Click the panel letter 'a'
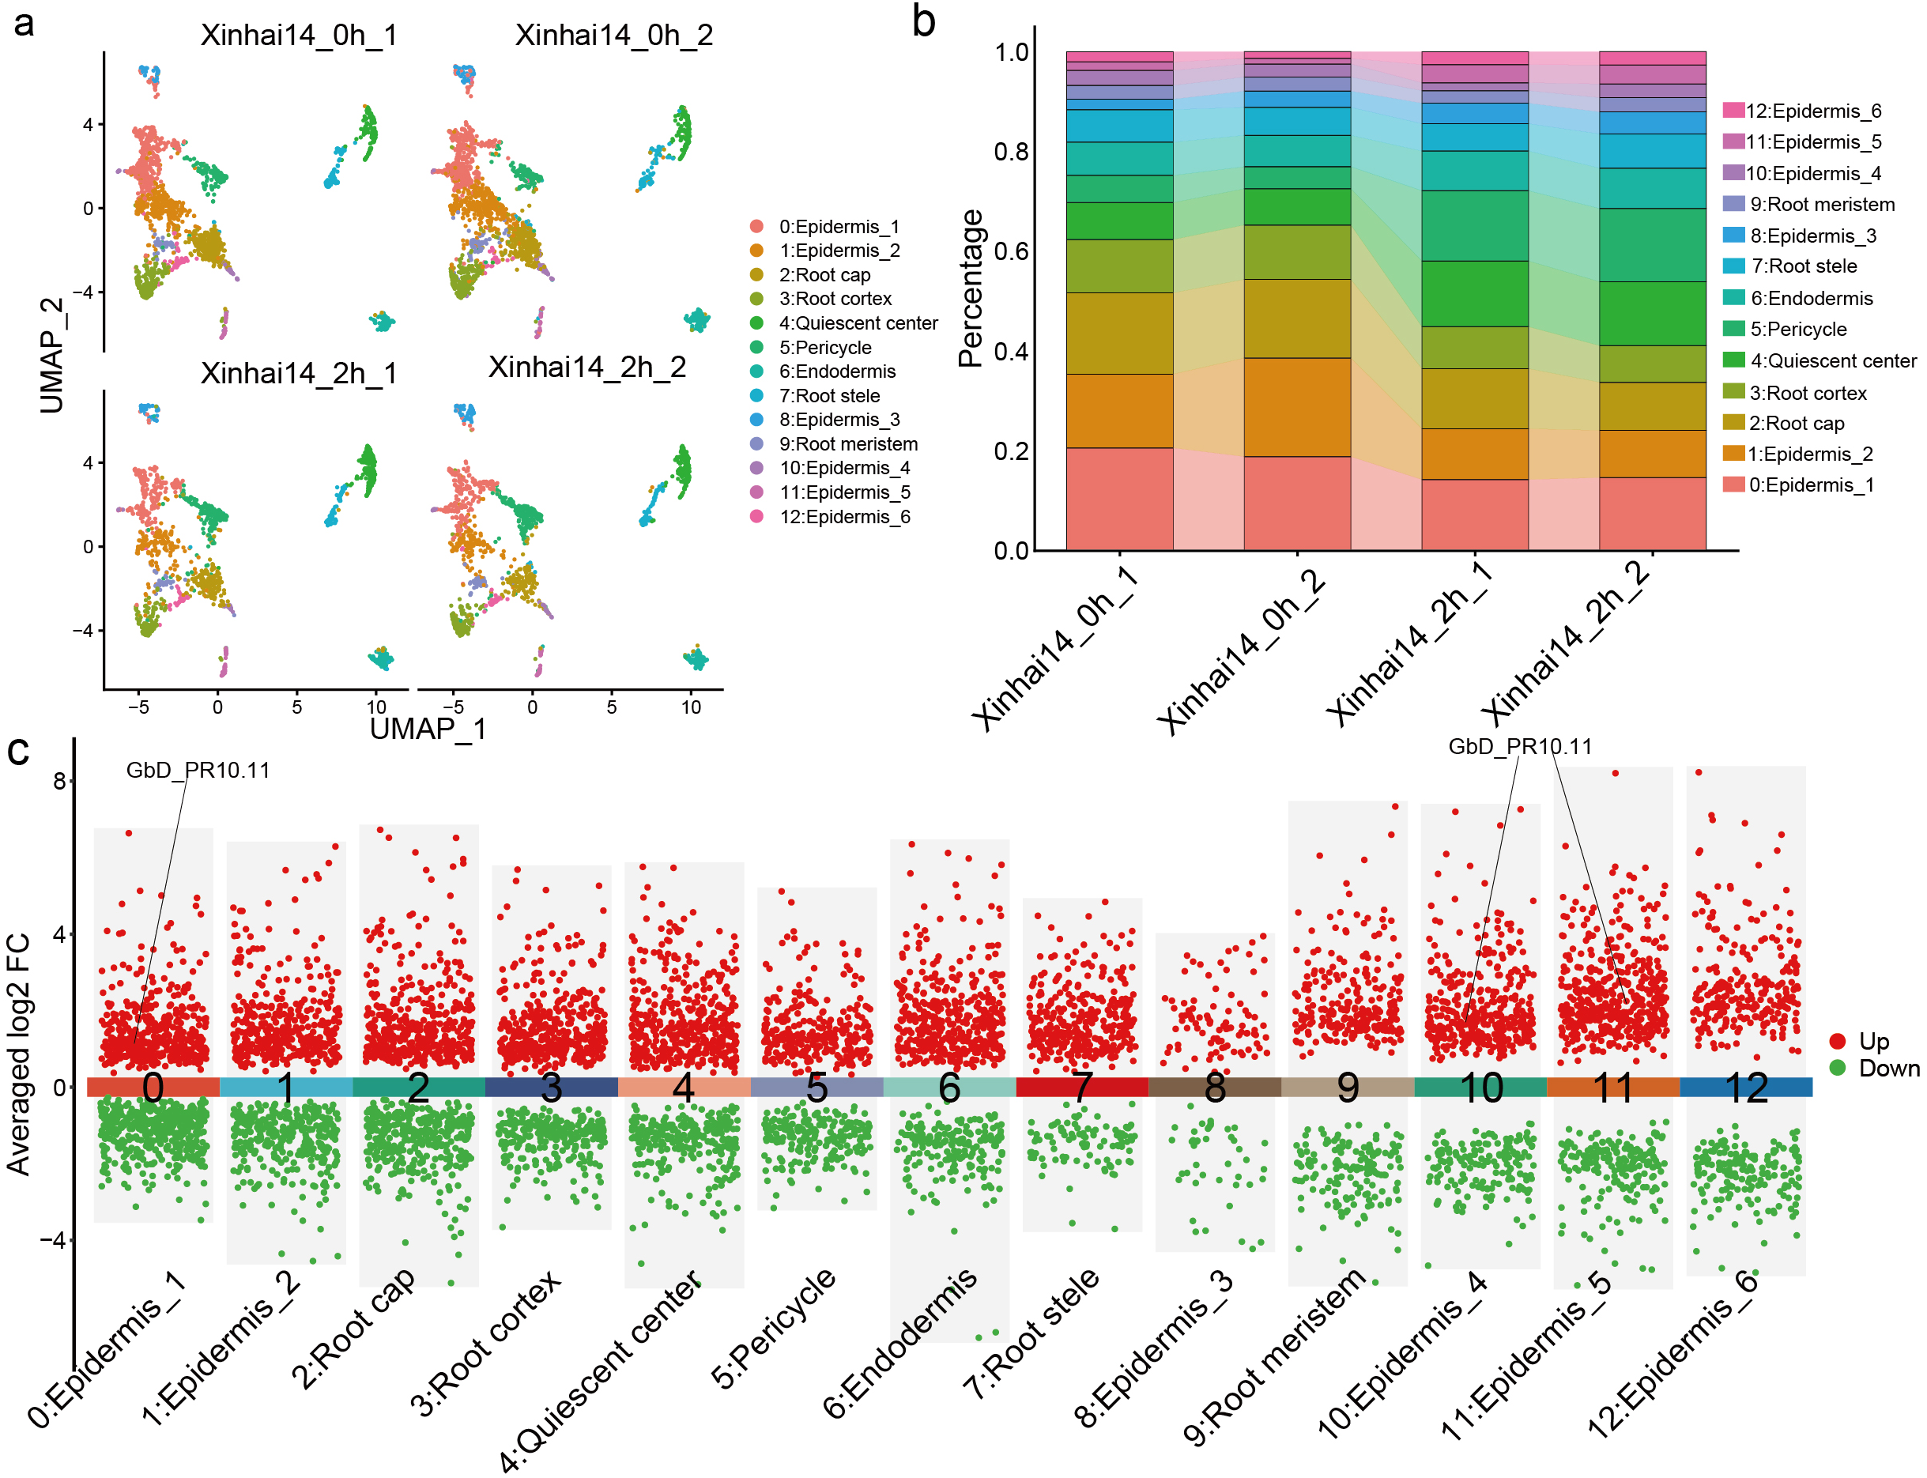click(24, 23)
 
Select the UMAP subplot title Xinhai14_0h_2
click(613, 36)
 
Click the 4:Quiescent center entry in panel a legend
click(857, 323)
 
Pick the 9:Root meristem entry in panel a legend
click(847, 443)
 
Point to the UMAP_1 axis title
click(428, 729)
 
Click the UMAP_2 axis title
click(51, 356)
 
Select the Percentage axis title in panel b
click(970, 288)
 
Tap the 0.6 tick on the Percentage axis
click(1011, 251)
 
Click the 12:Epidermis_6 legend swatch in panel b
click(1733, 110)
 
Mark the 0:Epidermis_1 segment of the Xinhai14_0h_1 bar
click(1119, 498)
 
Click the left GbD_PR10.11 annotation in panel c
click(198, 770)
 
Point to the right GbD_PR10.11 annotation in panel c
click(1520, 746)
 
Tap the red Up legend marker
click(1837, 1042)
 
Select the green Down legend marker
click(1837, 1068)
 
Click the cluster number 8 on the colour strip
click(1214, 1088)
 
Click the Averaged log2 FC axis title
click(18, 1054)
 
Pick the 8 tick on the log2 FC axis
click(59, 781)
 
